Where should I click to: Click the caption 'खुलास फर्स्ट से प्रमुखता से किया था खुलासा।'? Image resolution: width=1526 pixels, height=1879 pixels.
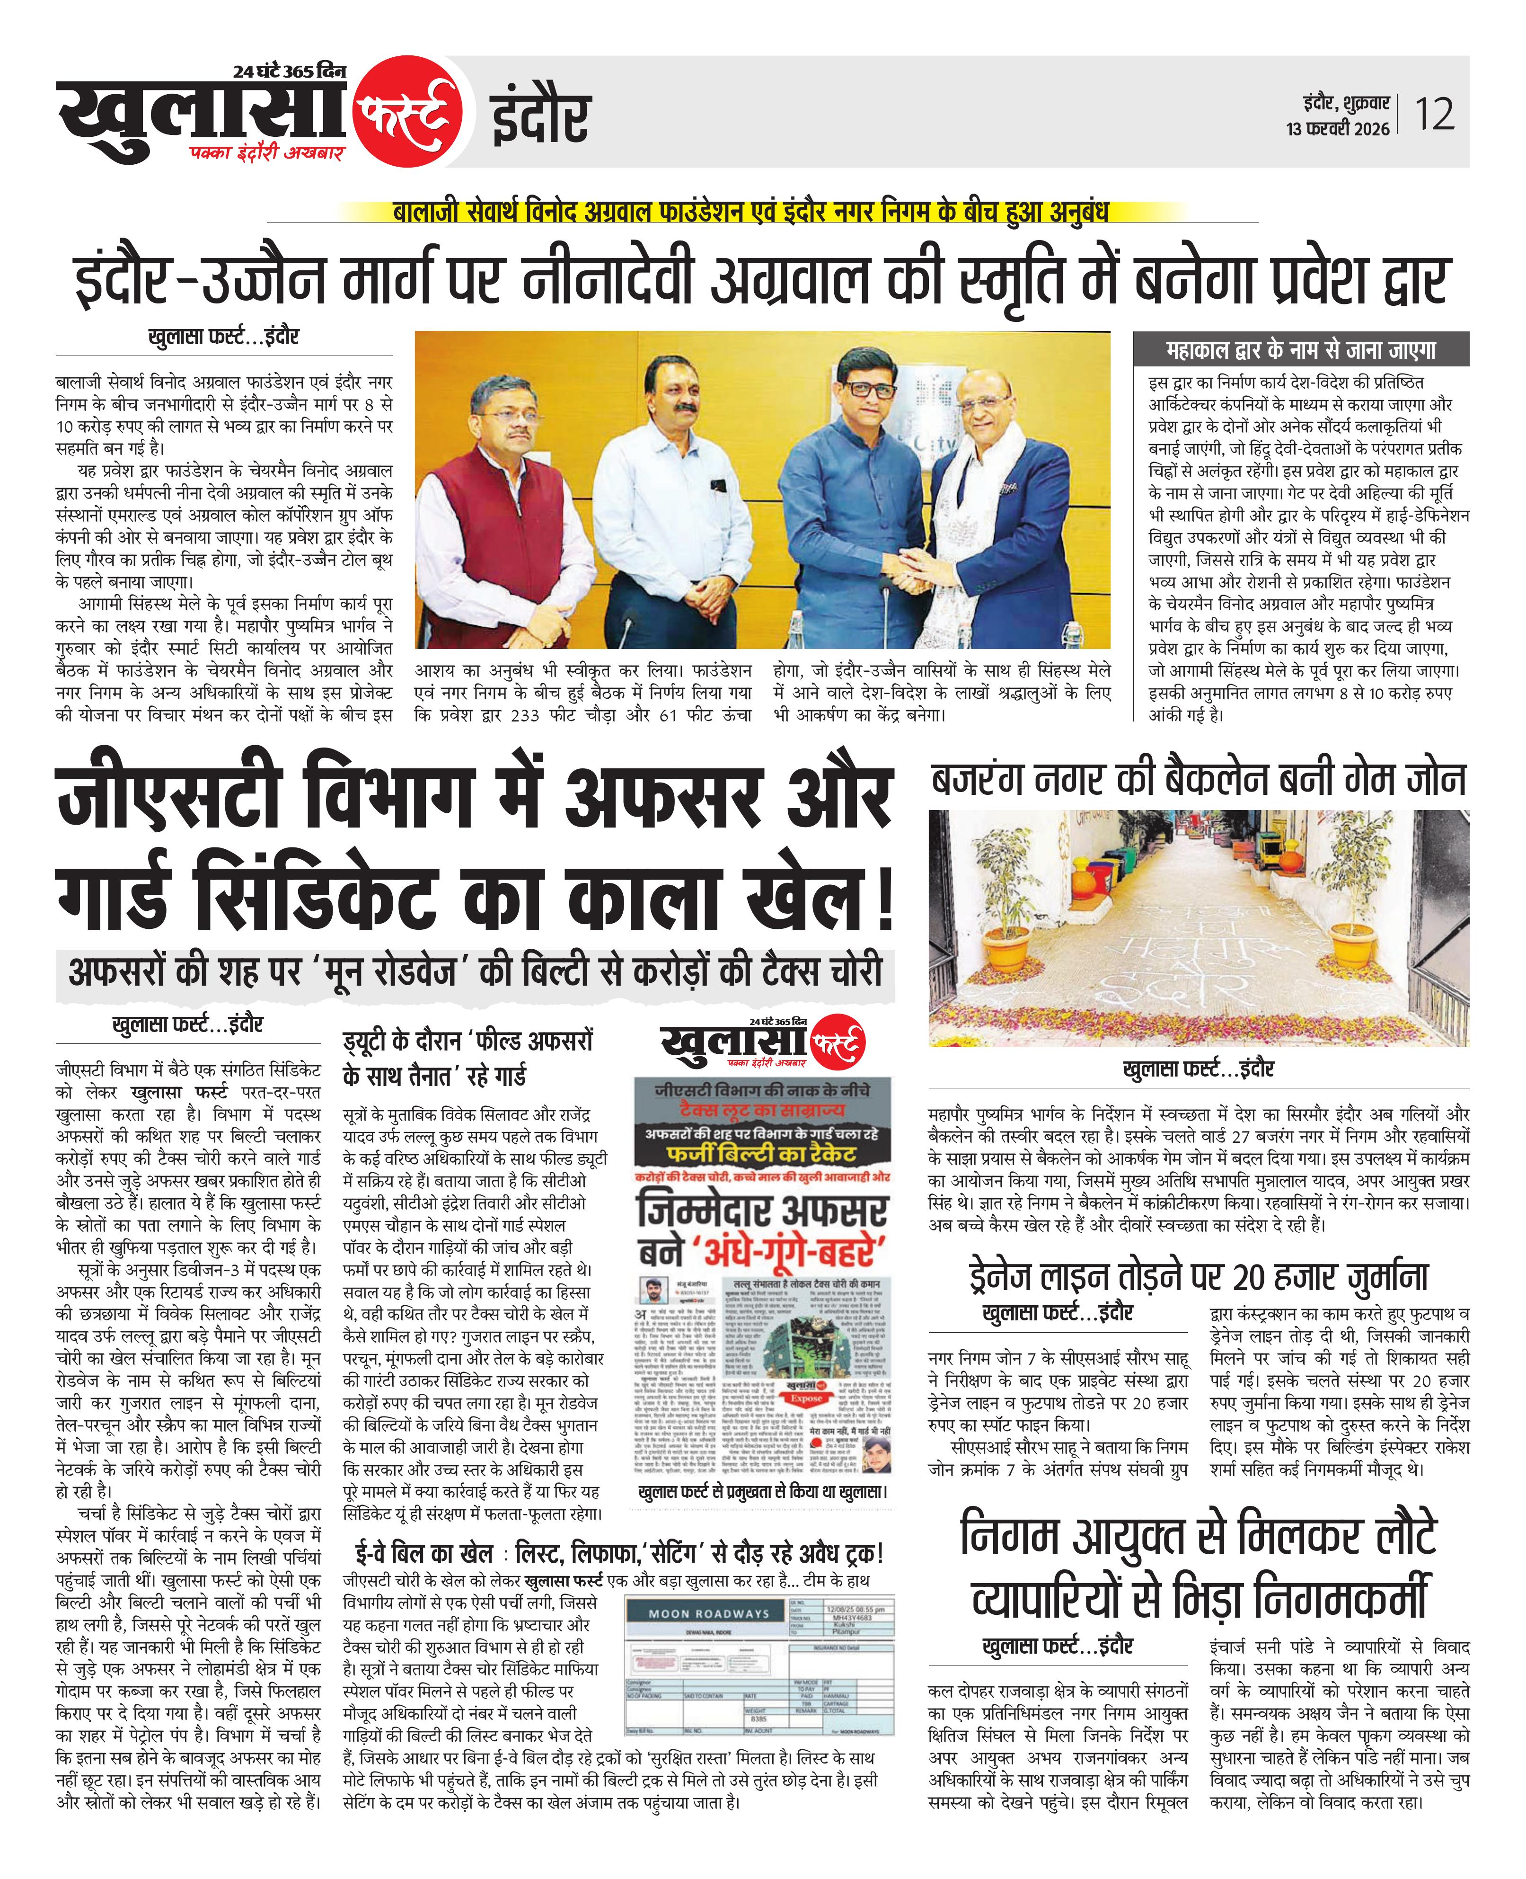point(763,1492)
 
